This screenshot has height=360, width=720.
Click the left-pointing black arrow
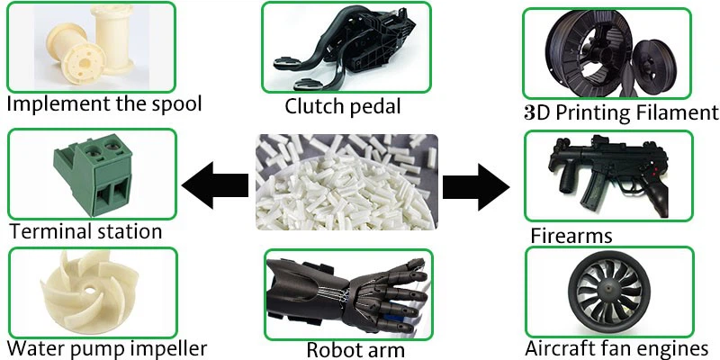tap(213, 185)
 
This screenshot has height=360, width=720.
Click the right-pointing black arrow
tap(477, 185)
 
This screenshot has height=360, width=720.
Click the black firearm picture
tap(608, 175)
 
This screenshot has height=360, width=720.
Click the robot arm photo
tap(347, 292)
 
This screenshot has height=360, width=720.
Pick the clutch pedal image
tap(346, 47)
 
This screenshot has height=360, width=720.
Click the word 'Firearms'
tap(571, 236)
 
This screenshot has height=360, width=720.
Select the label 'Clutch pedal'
tap(343, 107)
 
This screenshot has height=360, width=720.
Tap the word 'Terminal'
tap(48, 231)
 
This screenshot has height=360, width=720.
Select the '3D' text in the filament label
tap(537, 113)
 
